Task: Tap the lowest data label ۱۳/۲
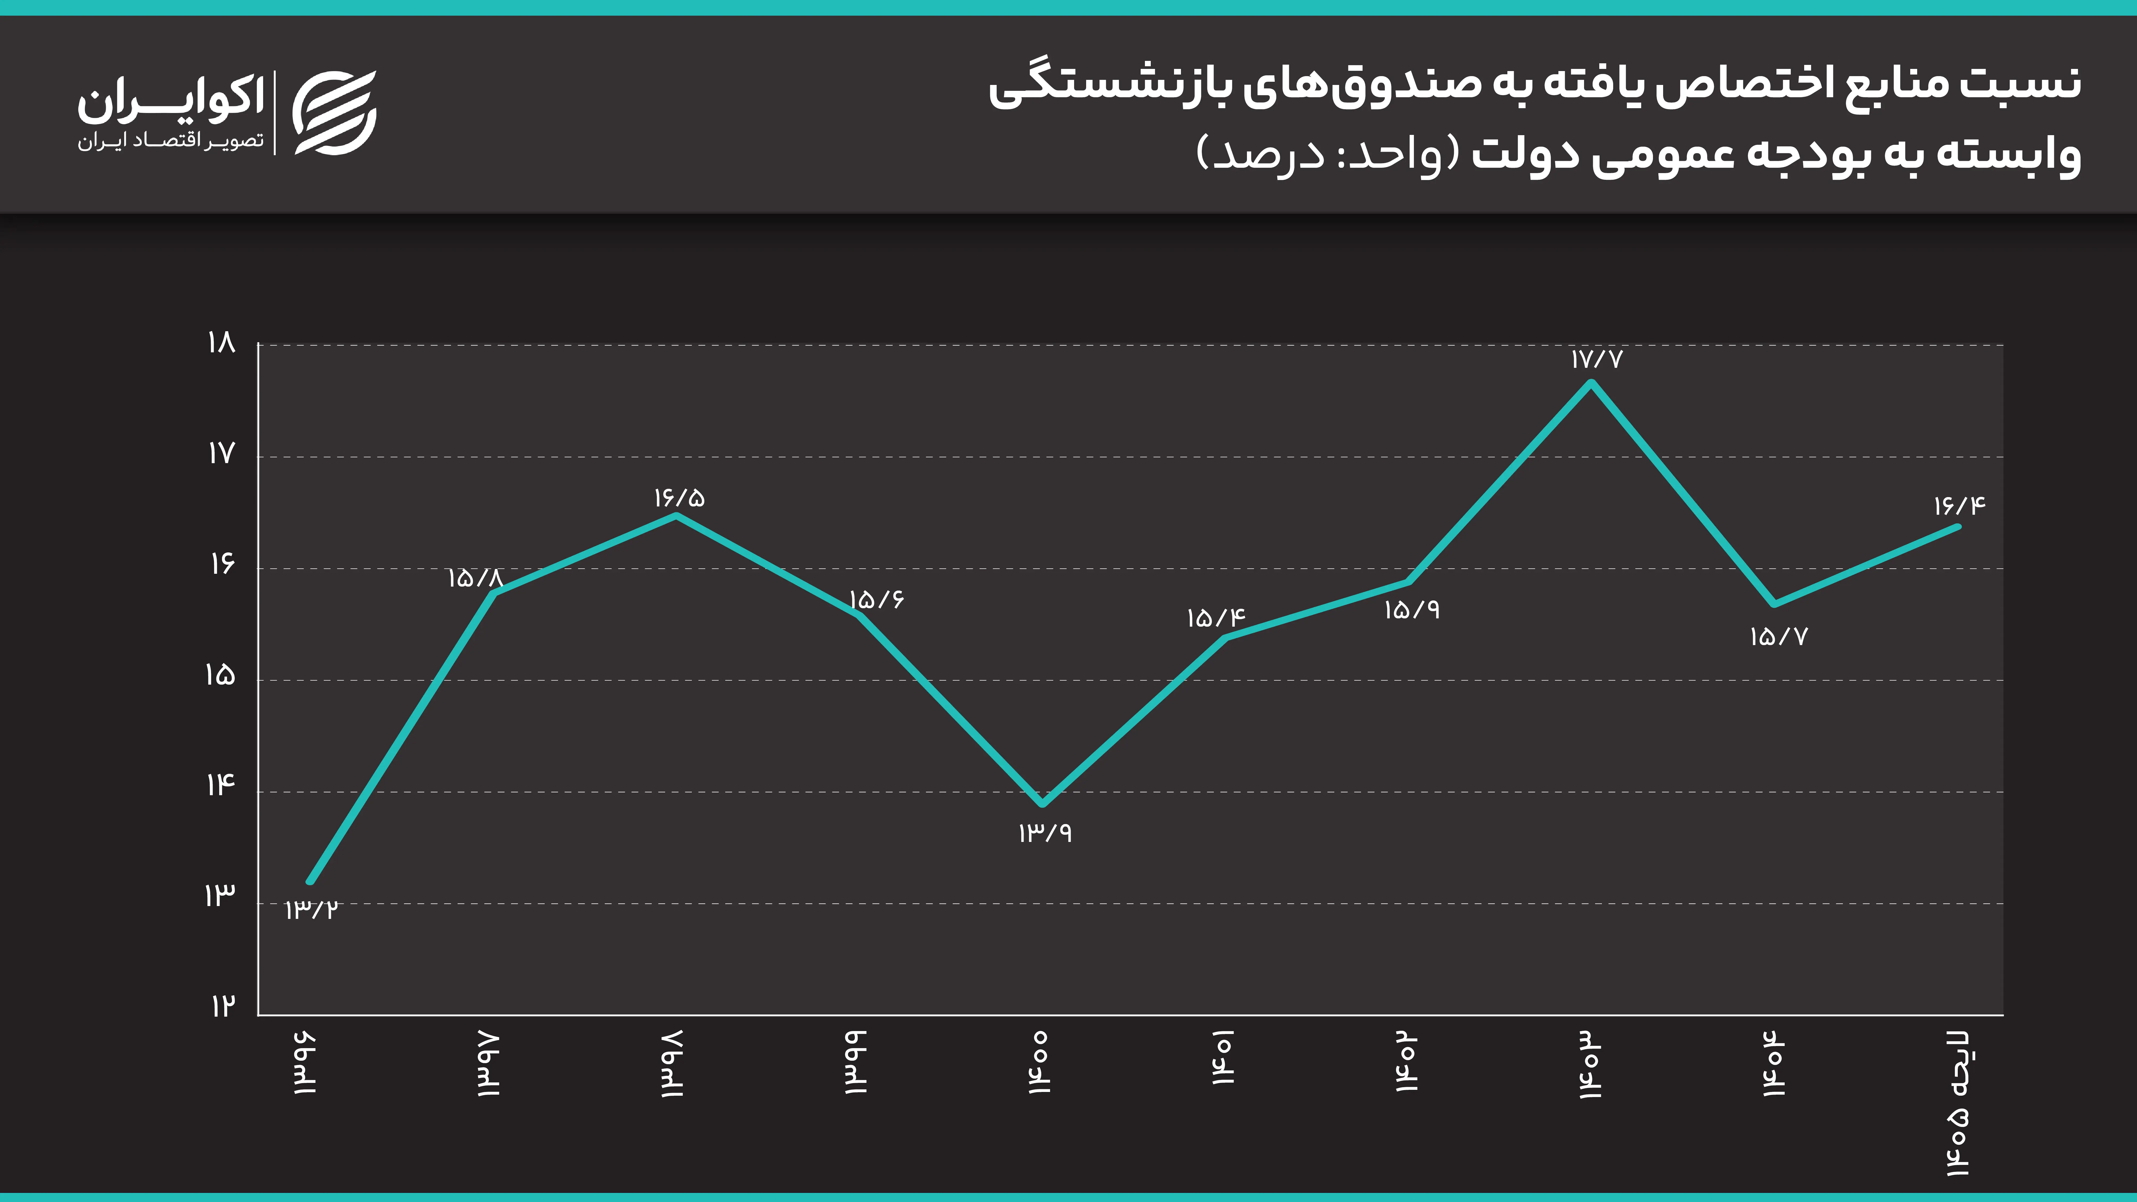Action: (311, 910)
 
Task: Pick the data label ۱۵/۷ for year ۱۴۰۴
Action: (1778, 637)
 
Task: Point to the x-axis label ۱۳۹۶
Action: (305, 1063)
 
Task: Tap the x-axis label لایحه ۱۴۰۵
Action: (1958, 1103)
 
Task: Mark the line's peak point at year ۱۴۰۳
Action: (1591, 383)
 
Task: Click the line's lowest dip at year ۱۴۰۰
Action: (1042, 803)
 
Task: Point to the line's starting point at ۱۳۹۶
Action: (310, 881)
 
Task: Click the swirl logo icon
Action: (335, 113)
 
